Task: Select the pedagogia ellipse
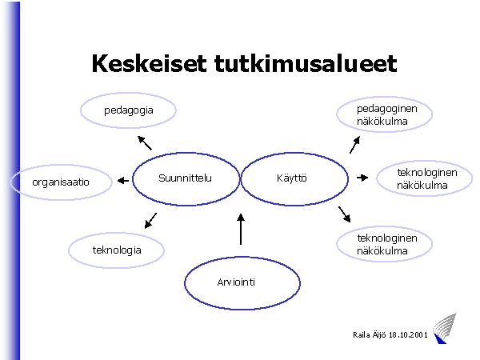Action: (128, 110)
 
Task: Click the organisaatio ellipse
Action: (60, 182)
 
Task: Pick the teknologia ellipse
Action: (117, 250)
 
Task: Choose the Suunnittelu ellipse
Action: (185, 178)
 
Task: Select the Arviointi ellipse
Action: (242, 282)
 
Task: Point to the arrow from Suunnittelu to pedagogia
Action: (144, 143)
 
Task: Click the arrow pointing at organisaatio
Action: (122, 181)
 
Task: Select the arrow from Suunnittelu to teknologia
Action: (149, 220)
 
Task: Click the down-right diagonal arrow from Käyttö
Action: (345, 213)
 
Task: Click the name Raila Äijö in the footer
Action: (370, 335)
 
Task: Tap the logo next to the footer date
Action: (441, 330)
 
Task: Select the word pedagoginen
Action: (382, 109)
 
